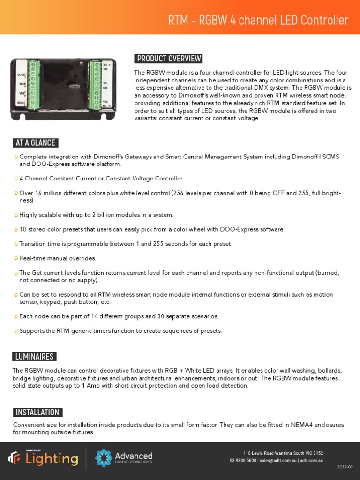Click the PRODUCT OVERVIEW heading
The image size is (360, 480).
click(168, 59)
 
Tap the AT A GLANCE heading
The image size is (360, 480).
click(35, 143)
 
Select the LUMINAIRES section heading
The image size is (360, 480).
click(34, 357)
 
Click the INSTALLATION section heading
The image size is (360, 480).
click(37, 412)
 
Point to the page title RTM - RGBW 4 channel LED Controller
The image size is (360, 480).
click(258, 21)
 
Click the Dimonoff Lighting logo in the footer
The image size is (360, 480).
click(43, 458)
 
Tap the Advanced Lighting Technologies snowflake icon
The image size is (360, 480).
click(103, 458)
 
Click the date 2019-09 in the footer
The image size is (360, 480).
click(344, 467)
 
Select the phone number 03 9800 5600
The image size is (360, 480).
click(243, 461)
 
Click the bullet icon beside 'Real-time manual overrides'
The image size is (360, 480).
click(16, 259)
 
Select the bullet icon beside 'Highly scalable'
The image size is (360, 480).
click(16, 215)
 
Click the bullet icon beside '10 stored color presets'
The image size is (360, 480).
click(16, 230)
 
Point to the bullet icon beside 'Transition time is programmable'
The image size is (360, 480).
click(16, 244)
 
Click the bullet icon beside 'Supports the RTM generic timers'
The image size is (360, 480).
click(16, 331)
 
